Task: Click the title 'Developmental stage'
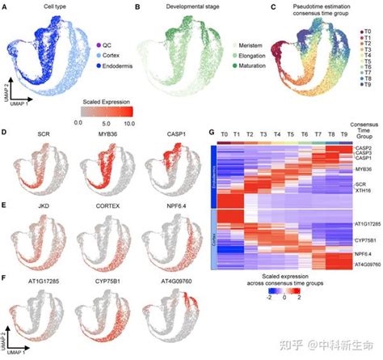click(175, 7)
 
